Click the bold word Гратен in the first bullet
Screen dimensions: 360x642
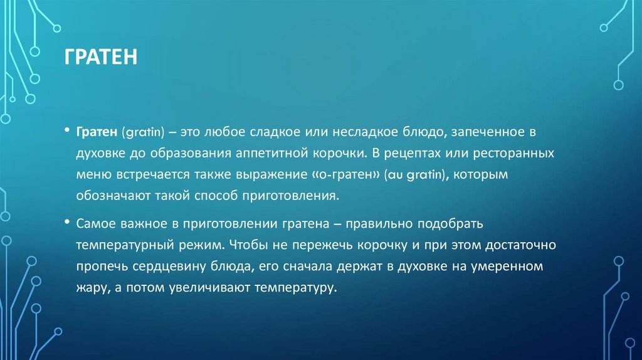(x=96, y=132)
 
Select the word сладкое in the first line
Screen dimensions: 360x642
(x=271, y=132)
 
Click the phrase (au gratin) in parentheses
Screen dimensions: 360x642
(x=409, y=174)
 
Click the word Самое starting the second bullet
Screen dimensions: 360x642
(x=95, y=223)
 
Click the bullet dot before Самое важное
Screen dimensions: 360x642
(x=66, y=223)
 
